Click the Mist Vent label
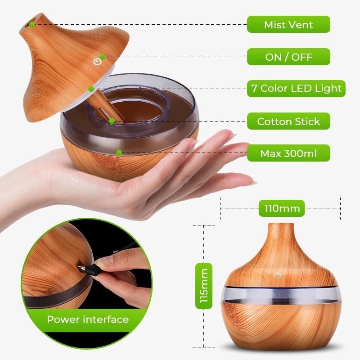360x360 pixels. tap(288, 24)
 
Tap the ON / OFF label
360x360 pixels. tap(288, 57)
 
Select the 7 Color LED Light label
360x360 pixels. tap(296, 88)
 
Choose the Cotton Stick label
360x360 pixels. tap(288, 121)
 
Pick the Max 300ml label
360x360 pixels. tap(288, 153)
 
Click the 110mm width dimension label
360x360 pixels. tap(282, 208)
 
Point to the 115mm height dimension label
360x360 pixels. tap(204, 286)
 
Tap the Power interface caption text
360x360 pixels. tap(88, 319)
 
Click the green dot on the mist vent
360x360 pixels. tap(32, 24)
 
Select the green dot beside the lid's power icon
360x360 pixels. tap(103, 57)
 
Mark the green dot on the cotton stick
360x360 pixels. tap(112, 121)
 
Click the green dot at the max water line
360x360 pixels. tap(119, 153)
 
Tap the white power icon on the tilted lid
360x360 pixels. tap(97, 62)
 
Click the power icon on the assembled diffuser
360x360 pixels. tap(278, 276)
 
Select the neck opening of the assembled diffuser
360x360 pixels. tap(281, 224)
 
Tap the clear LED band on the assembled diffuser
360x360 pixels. tap(280, 295)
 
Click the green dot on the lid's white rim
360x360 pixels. tap(91, 89)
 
